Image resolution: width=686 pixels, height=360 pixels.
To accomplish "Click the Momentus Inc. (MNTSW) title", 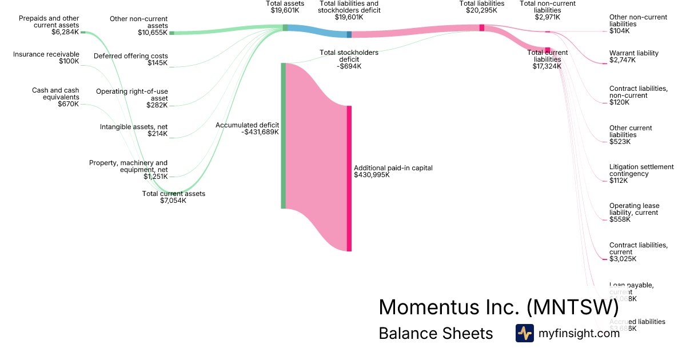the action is coord(498,307).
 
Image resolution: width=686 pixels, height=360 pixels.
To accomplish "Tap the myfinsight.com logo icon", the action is coord(524,333).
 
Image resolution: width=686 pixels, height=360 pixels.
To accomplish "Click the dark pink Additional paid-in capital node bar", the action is coord(349,178).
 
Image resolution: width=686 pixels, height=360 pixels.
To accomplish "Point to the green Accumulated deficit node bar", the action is coord(283,136).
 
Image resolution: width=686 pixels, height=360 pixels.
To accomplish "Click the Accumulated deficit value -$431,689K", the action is coord(260,132).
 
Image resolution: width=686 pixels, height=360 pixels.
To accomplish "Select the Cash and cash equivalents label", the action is coord(55,97).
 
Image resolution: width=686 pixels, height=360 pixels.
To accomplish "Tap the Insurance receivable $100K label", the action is coord(46,58).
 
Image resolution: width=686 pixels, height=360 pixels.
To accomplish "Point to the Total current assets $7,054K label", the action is coord(173,197).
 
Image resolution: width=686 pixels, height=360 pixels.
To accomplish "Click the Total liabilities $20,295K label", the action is coord(482,7).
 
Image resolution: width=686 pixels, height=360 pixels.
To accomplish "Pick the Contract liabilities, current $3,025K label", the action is coord(638,252).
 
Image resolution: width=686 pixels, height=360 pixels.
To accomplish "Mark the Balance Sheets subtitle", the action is coord(436,333).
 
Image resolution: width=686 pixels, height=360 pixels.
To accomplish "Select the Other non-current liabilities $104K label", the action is coord(638,24).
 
